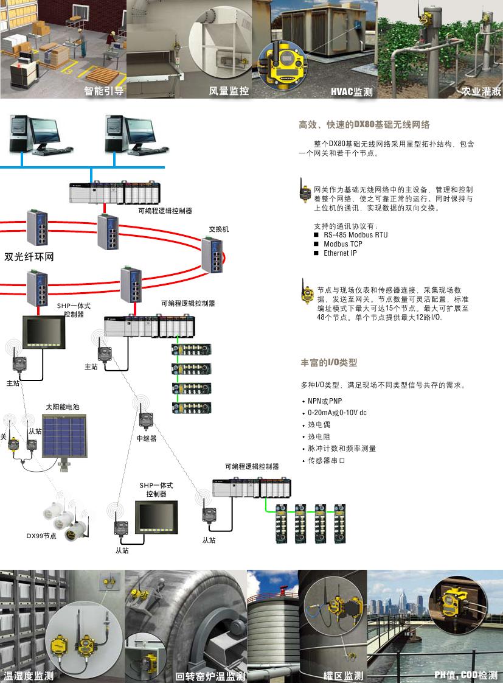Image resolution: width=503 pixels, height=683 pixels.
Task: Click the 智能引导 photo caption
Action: [x=104, y=91]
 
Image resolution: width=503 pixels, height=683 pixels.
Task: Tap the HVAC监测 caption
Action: [x=352, y=93]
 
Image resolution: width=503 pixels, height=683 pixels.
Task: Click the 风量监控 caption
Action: [x=229, y=91]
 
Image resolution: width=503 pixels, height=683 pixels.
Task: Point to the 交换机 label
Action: [x=219, y=229]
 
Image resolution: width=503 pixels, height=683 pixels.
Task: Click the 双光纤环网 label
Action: [x=29, y=257]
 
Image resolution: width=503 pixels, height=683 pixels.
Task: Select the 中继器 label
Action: [x=147, y=438]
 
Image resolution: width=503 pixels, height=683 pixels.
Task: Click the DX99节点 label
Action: [x=41, y=536]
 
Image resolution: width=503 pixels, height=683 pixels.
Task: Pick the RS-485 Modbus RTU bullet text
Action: [x=355, y=235]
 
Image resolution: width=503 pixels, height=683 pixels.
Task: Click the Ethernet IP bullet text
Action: [x=340, y=253]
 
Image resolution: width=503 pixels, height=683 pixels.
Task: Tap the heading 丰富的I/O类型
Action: [x=329, y=363]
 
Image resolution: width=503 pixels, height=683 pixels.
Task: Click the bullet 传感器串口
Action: [x=327, y=460]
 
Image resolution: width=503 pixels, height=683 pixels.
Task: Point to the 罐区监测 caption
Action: [x=344, y=676]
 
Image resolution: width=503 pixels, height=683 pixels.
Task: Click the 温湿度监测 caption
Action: [x=29, y=676]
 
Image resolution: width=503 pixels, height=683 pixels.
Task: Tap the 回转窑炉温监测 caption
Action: [x=210, y=676]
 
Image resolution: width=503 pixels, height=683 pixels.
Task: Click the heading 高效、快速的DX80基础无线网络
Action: [x=364, y=125]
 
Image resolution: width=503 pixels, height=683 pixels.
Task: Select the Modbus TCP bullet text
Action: [x=343, y=244]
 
